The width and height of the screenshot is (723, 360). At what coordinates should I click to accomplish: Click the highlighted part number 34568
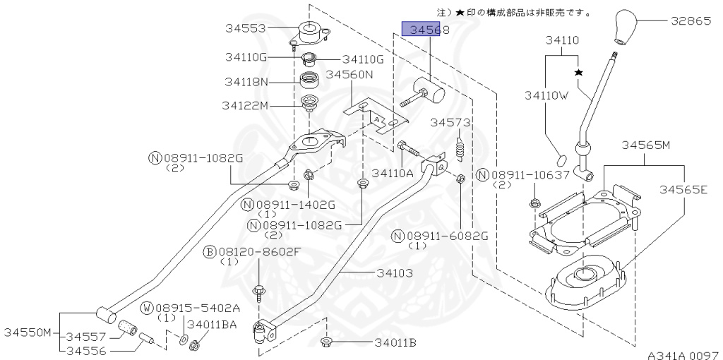click(421, 29)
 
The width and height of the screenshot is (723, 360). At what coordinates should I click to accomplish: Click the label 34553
click(245, 29)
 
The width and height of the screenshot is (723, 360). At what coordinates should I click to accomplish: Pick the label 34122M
click(245, 106)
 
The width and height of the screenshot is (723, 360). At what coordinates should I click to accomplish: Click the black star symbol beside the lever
click(578, 73)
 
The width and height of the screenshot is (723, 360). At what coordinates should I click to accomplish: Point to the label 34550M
click(28, 332)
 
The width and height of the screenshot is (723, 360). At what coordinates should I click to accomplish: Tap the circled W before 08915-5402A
click(147, 308)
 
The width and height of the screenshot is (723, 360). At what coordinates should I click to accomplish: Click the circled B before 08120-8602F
click(210, 251)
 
